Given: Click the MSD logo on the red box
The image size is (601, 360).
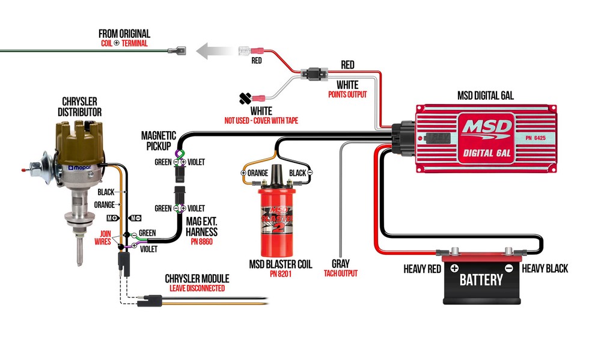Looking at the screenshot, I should click(487, 127).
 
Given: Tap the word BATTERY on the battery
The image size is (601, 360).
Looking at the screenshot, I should click(481, 279).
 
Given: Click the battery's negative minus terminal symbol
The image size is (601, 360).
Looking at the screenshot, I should click(508, 268).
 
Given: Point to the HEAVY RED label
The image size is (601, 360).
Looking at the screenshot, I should click(423, 269).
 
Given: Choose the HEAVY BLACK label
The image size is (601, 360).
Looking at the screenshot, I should click(545, 269).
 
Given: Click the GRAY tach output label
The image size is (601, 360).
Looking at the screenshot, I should click(340, 263).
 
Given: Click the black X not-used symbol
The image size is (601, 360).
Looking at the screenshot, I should click(245, 98).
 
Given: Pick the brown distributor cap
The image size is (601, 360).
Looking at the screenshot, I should click(79, 139).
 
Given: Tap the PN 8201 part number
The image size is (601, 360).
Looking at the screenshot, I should click(281, 273).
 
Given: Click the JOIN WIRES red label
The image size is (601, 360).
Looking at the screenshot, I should click(103, 239).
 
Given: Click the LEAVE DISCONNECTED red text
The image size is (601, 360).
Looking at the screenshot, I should click(197, 288).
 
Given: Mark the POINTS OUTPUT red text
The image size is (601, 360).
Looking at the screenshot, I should click(347, 94).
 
